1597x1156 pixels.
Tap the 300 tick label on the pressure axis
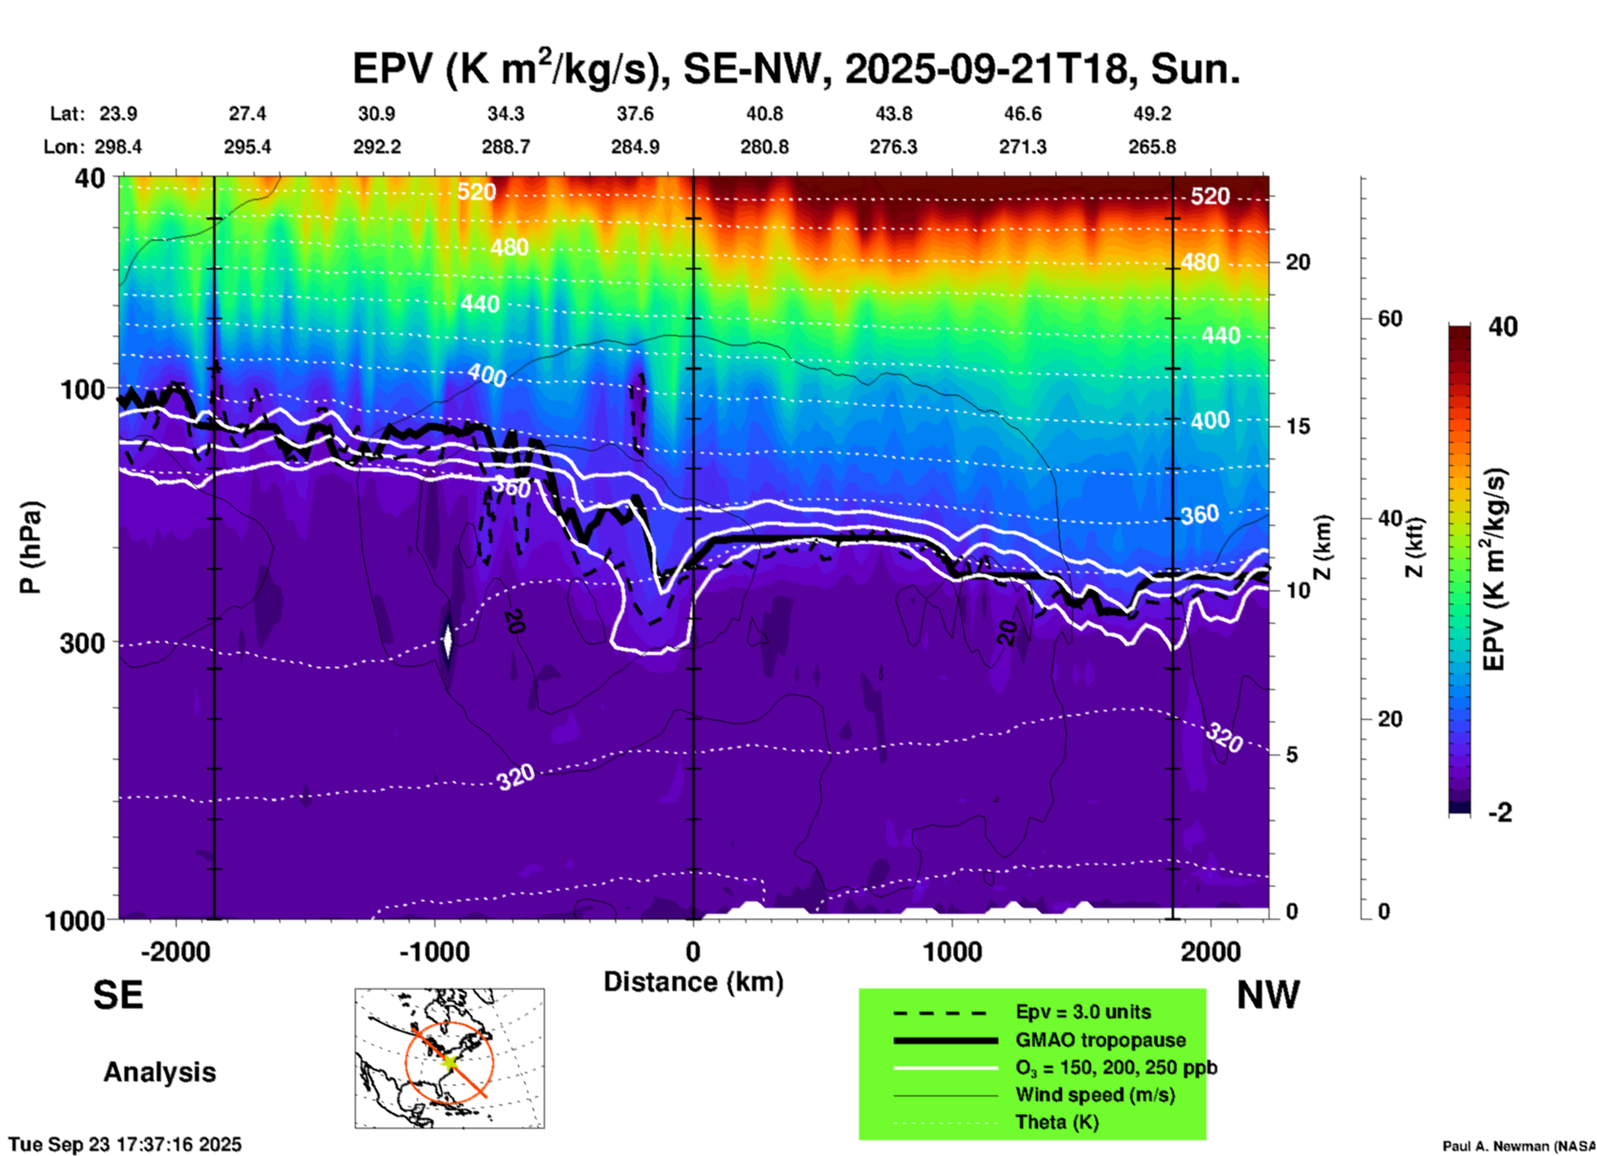(82, 644)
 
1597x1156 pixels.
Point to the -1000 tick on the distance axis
(434, 951)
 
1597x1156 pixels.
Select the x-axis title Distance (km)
(693, 982)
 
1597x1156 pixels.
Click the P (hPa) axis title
(31, 547)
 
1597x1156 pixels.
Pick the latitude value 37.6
(635, 114)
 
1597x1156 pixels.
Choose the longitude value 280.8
(764, 148)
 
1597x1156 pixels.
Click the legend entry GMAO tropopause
(1100, 1040)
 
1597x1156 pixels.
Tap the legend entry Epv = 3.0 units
(1083, 1013)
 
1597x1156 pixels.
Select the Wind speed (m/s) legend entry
(1095, 1095)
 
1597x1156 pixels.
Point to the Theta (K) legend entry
(1056, 1123)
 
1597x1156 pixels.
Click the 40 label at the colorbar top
(1502, 327)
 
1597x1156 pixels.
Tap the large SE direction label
(118, 995)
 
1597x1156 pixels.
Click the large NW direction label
(1268, 995)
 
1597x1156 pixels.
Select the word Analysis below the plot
(159, 1072)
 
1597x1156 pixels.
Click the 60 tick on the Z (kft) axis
(1390, 318)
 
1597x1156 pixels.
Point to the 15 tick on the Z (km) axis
(1298, 426)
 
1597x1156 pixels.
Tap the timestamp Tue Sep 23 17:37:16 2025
(125, 1144)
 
